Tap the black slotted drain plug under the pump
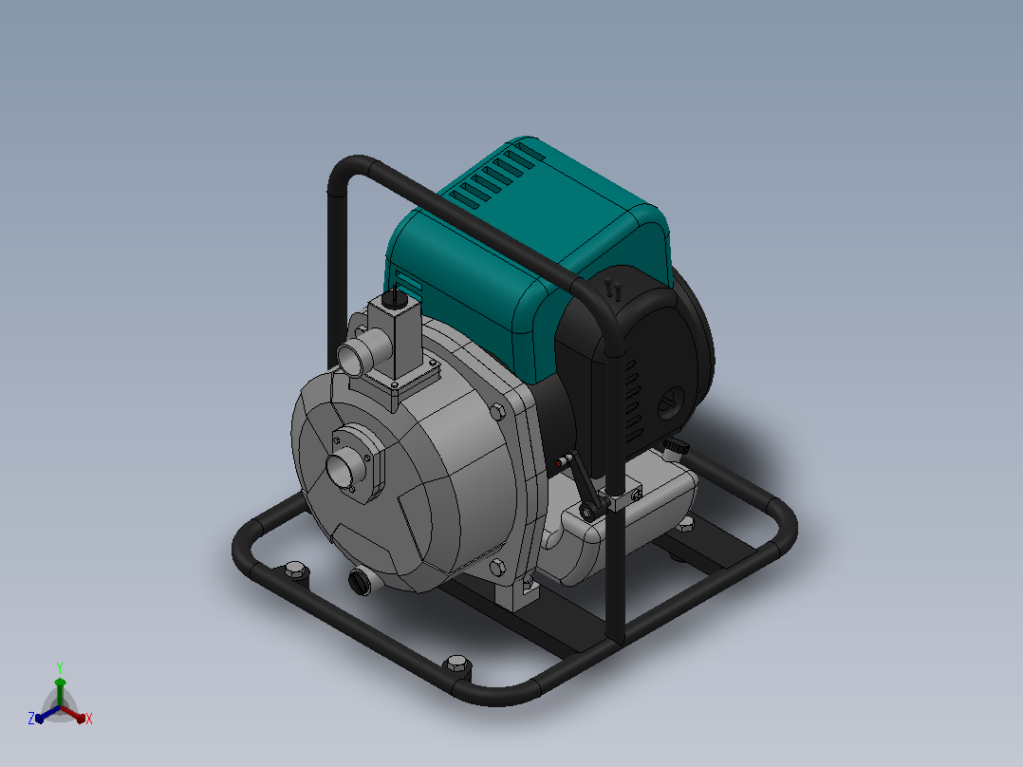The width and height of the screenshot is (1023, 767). click(x=359, y=581)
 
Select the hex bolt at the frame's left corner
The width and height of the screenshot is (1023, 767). click(x=295, y=571)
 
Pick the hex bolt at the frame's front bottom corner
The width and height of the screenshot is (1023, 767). click(x=456, y=665)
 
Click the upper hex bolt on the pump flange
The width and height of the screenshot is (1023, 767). click(x=497, y=411)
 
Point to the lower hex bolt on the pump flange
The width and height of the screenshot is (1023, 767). click(x=496, y=568)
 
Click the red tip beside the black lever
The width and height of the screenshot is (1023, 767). click(x=559, y=463)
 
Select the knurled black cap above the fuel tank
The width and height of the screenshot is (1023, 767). click(x=677, y=446)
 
